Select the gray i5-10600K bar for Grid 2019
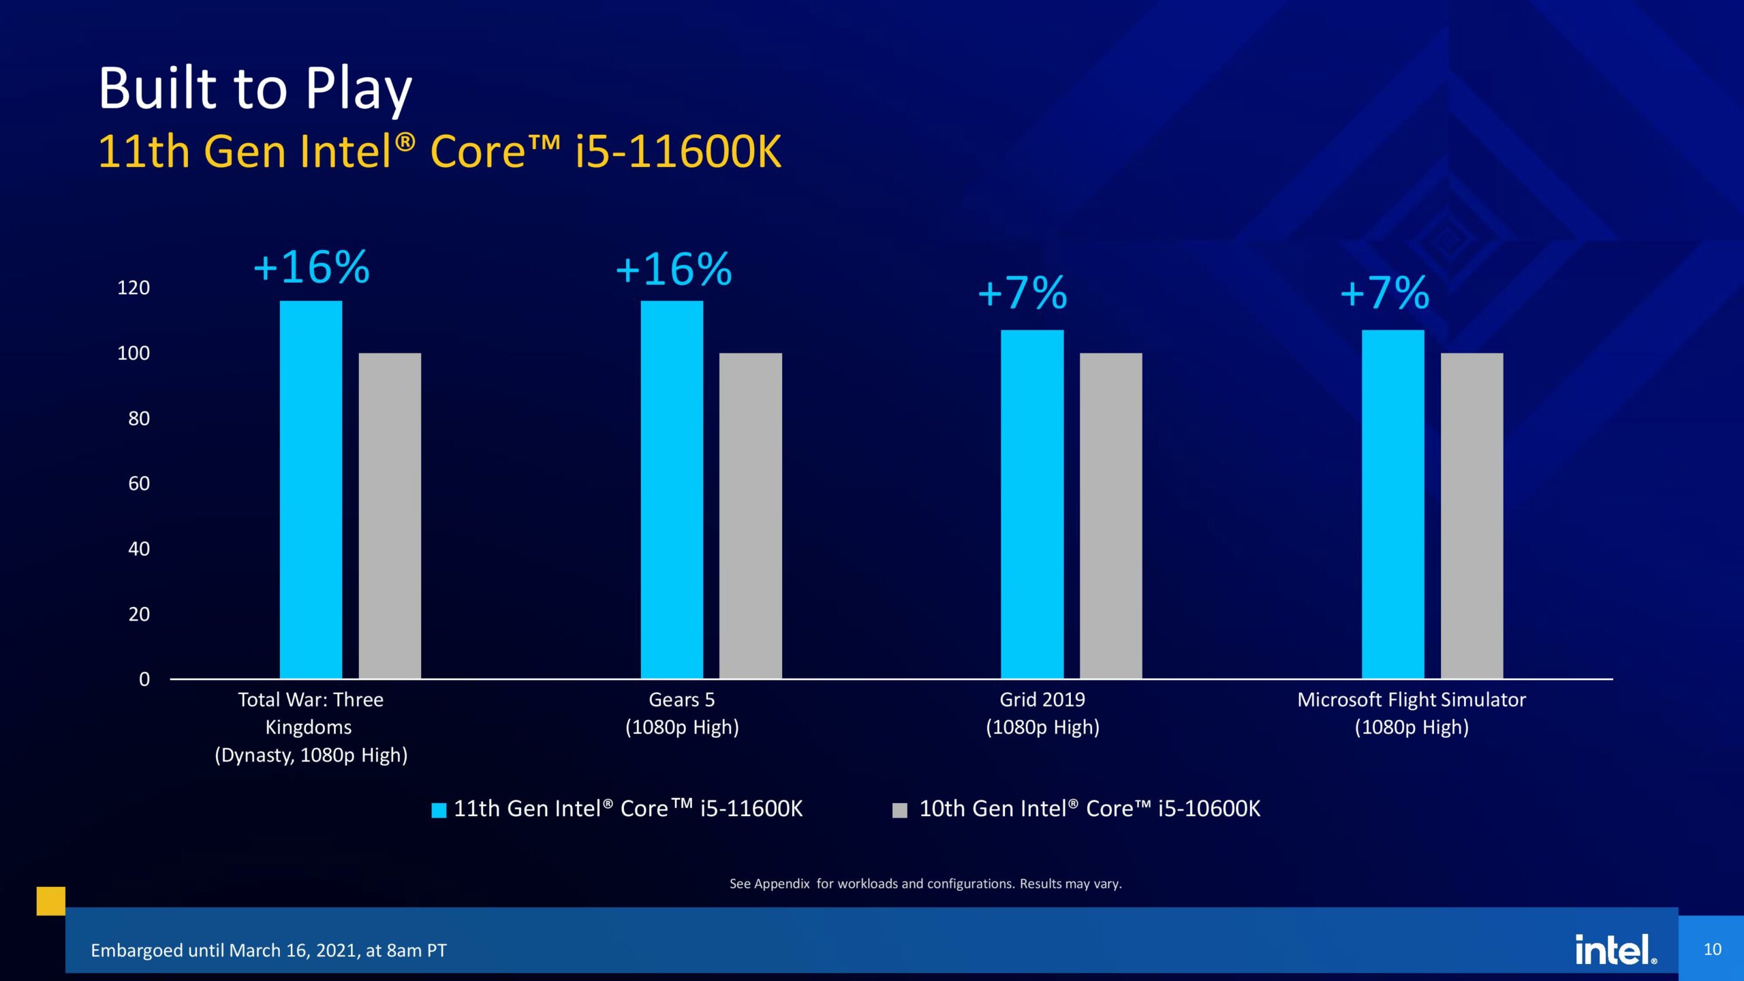click(x=1110, y=515)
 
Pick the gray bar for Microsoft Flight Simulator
click(x=1471, y=515)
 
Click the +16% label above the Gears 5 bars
click(x=673, y=269)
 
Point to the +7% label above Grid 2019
click(x=1022, y=293)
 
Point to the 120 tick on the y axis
click(x=134, y=287)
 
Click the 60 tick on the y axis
click(x=139, y=484)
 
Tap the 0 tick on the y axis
click(x=144, y=679)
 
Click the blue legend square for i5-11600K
click(x=439, y=810)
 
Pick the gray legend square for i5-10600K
click(x=899, y=810)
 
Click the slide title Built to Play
click(x=255, y=89)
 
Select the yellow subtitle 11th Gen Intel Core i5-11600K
click(x=439, y=151)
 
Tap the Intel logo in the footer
click(x=1615, y=949)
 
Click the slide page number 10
click(x=1712, y=949)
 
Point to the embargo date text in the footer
click(x=268, y=950)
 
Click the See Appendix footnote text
click(x=925, y=884)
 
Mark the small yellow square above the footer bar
click(x=51, y=901)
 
